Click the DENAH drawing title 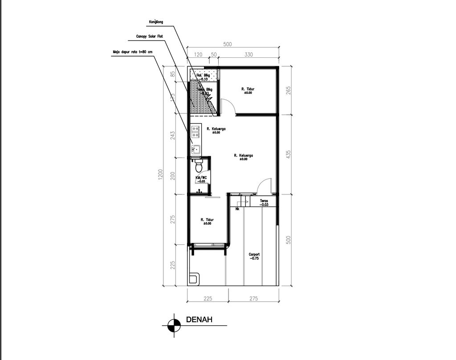pyautogui.click(x=199, y=320)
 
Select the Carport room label pyautogui.click(x=254, y=256)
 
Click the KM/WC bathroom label pyautogui.click(x=200, y=179)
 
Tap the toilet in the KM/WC pyautogui.click(x=199, y=166)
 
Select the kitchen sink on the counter pyautogui.click(x=195, y=149)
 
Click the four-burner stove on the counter pyautogui.click(x=195, y=130)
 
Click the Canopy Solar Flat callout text pyautogui.click(x=150, y=36)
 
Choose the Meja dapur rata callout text pyautogui.click(x=132, y=52)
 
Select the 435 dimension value pyautogui.click(x=288, y=154)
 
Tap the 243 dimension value pyautogui.click(x=173, y=134)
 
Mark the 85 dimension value pyautogui.click(x=173, y=74)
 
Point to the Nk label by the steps pyautogui.click(x=237, y=207)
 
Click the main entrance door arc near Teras pyautogui.click(x=264, y=186)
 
